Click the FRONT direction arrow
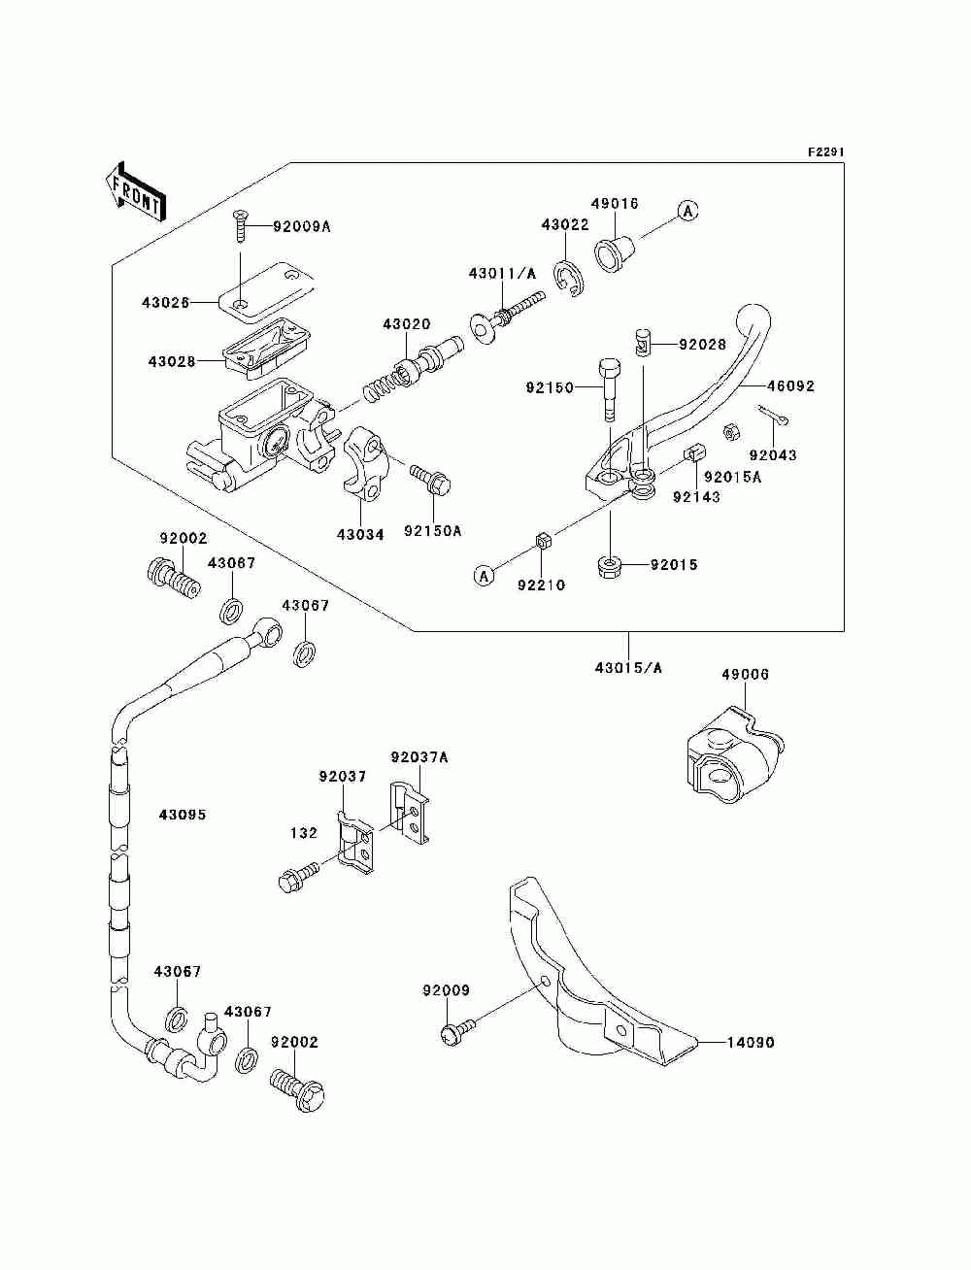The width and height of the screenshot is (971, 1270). click(135, 191)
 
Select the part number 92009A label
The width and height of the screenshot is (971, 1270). click(301, 227)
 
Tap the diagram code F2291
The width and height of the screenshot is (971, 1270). click(825, 152)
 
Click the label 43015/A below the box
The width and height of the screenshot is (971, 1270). click(628, 668)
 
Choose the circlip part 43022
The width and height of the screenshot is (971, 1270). click(570, 280)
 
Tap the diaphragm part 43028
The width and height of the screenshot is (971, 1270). click(266, 348)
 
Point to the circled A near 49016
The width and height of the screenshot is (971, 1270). click(687, 212)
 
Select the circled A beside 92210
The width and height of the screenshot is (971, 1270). click(485, 576)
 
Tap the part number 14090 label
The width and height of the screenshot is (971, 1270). click(750, 1043)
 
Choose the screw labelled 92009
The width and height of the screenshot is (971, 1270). click(458, 1030)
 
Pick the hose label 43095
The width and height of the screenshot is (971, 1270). click(183, 815)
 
